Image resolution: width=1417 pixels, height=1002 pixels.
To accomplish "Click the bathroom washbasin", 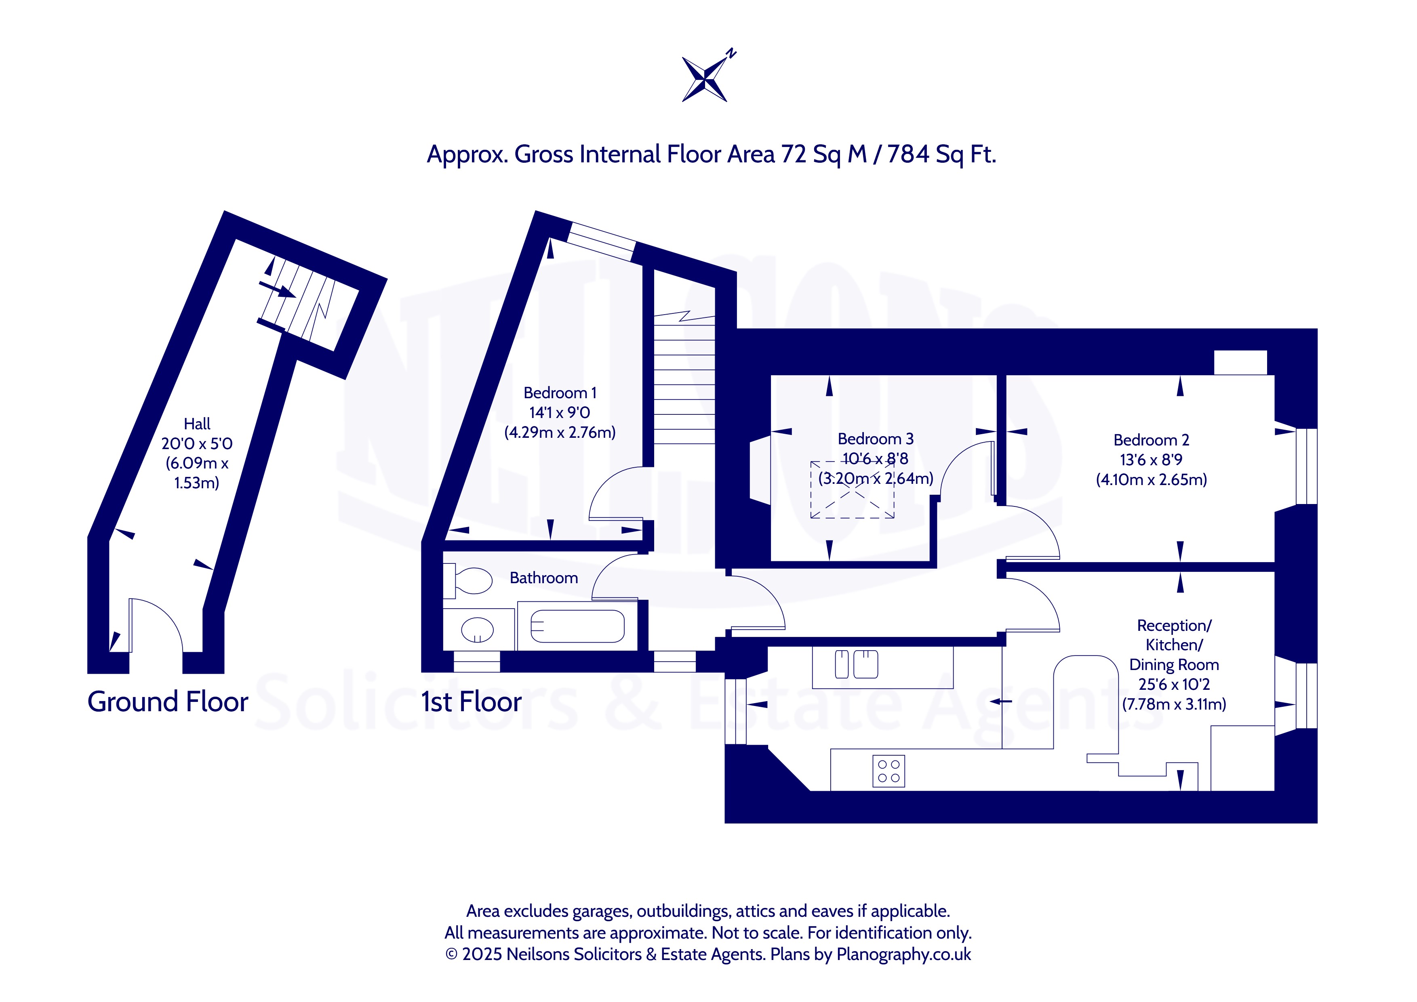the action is point(477,630).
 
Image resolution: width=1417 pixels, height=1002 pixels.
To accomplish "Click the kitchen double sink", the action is point(856,664).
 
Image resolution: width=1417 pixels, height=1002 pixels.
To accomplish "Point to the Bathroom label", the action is point(544,578).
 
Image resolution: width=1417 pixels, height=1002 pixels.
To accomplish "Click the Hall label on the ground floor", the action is point(197,424).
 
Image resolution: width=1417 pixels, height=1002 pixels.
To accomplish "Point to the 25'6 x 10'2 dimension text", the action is point(1174,684).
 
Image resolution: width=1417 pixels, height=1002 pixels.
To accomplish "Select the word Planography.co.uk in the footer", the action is point(903,954).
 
